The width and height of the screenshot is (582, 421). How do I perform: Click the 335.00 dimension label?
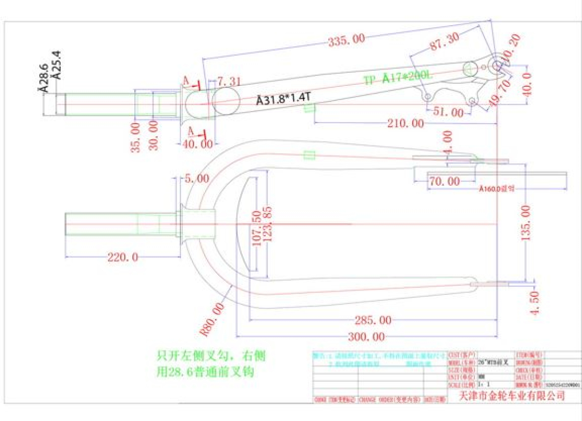[x=346, y=40]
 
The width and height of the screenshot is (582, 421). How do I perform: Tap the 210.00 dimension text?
[x=405, y=123]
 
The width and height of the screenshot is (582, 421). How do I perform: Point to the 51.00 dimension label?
[x=449, y=113]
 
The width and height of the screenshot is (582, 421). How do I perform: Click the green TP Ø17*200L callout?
[x=398, y=78]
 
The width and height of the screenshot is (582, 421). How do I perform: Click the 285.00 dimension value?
[x=372, y=320]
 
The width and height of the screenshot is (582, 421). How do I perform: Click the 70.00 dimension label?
[x=444, y=181]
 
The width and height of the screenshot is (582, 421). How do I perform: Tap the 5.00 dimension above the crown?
[x=196, y=178]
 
